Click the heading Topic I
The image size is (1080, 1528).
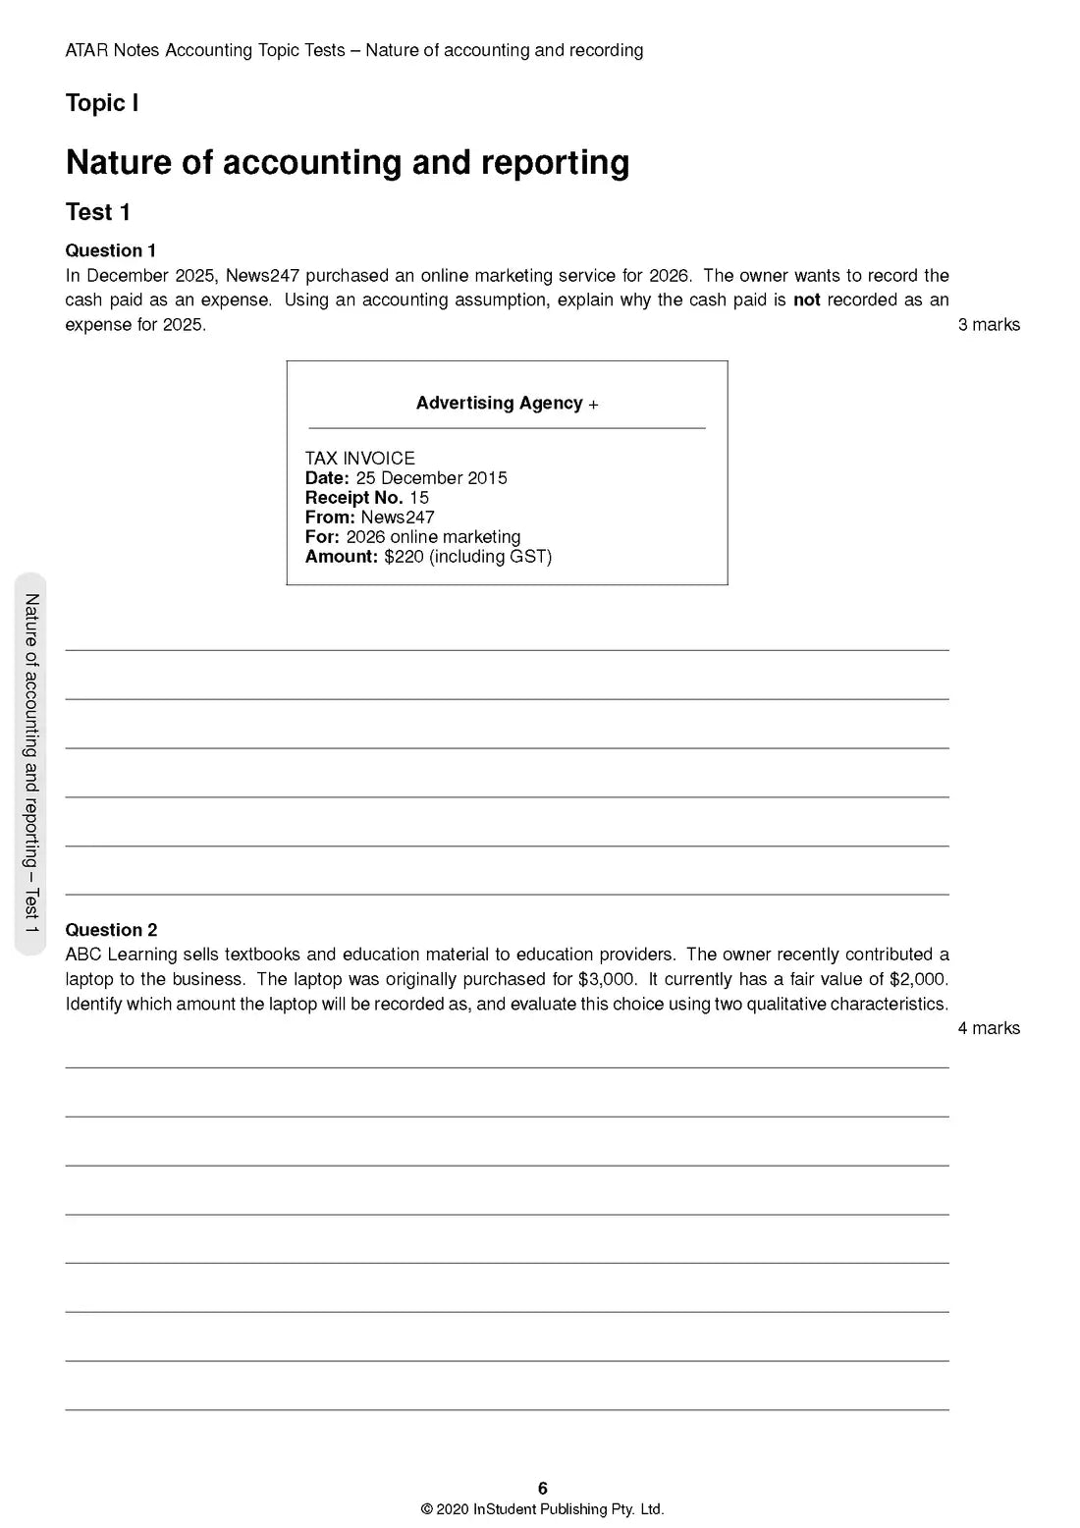click(x=101, y=103)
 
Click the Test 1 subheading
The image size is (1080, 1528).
click(x=97, y=212)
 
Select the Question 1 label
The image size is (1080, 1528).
click(x=110, y=250)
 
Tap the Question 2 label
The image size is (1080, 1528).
click(x=110, y=930)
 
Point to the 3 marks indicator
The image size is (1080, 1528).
click(x=988, y=325)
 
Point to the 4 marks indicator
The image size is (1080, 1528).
click(x=988, y=1028)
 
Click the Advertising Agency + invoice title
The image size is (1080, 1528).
click(x=507, y=404)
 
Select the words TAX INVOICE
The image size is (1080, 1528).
click(x=359, y=459)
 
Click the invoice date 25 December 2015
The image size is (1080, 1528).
click(x=431, y=478)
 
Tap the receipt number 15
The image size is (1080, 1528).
click(x=419, y=498)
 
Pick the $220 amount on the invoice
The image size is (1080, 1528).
click(x=404, y=557)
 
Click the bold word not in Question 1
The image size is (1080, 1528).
click(x=806, y=300)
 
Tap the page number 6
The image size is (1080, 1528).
click(x=543, y=1489)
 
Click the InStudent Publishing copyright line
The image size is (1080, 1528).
click(x=543, y=1509)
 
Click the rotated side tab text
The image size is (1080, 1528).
click(x=30, y=763)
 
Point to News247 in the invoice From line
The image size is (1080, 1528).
click(x=397, y=518)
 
